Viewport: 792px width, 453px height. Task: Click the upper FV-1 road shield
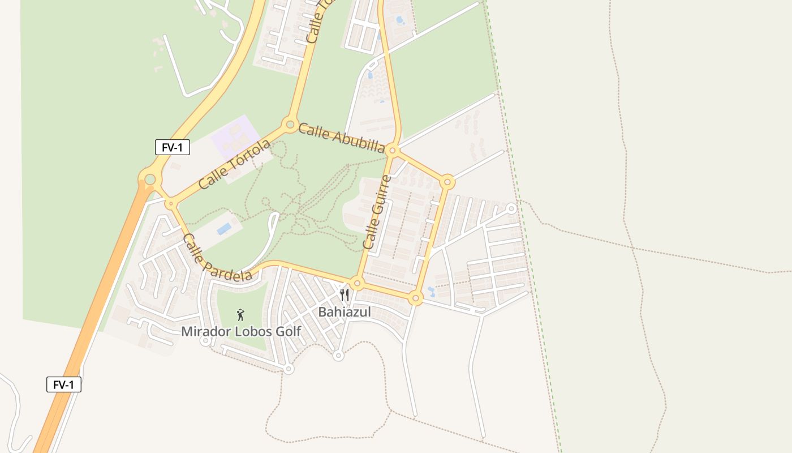pos(172,147)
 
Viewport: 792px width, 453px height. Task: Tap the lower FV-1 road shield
pos(63,384)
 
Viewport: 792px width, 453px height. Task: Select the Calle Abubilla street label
pos(341,138)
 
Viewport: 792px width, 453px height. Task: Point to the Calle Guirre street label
pos(377,212)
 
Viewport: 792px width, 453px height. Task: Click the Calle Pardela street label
pos(217,258)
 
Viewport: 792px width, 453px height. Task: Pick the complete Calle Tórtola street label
pos(234,164)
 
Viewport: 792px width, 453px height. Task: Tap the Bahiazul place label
pos(344,311)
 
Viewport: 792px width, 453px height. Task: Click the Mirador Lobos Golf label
pos(241,331)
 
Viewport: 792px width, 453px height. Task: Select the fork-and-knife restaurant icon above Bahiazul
pos(344,295)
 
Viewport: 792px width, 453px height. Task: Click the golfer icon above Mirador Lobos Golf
pos(240,315)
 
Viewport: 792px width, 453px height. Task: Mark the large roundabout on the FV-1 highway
pos(149,180)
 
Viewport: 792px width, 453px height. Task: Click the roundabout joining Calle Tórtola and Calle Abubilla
pos(290,124)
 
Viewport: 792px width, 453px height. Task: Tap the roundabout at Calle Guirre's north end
pos(393,151)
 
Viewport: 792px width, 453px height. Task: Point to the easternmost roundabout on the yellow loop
pos(447,182)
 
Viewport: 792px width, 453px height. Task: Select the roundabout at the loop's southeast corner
pos(416,298)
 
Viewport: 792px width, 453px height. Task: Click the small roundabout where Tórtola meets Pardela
pos(170,203)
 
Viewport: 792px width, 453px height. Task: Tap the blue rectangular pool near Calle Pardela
pos(225,228)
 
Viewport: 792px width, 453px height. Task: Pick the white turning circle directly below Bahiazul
pos(338,355)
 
